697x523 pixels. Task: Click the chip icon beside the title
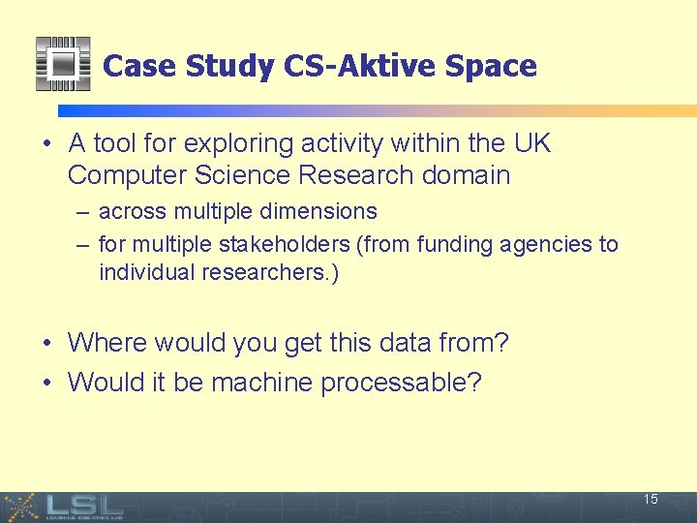pyautogui.click(x=62, y=64)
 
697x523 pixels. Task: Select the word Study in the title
pyautogui.click(x=229, y=66)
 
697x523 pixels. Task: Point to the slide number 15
pyautogui.click(x=651, y=500)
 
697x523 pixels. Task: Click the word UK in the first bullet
pyautogui.click(x=531, y=144)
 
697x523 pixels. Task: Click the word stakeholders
pyautogui.click(x=294, y=244)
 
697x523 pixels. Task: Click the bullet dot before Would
pyautogui.click(x=47, y=383)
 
